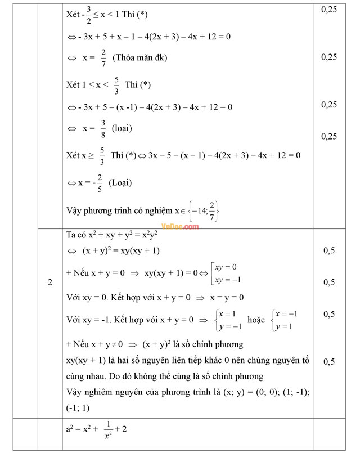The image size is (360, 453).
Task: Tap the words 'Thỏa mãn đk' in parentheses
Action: pyautogui.click(x=140, y=57)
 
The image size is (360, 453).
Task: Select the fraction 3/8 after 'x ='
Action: pyautogui.click(x=102, y=128)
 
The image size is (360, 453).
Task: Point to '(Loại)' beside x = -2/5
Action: pyautogui.click(x=121, y=183)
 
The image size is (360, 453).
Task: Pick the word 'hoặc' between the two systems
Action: pyautogui.click(x=256, y=320)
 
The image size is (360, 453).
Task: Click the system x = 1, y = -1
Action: pyautogui.click(x=229, y=320)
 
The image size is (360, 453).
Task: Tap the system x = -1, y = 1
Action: pyautogui.click(x=285, y=320)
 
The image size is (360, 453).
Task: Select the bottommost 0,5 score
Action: pyautogui.click(x=329, y=361)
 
